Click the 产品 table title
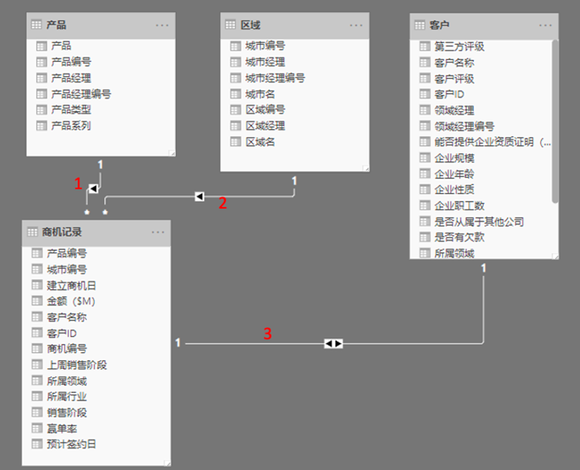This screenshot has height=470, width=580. click(x=56, y=25)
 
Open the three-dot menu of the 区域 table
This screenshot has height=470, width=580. click(x=356, y=25)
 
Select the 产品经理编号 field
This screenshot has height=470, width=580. click(x=80, y=94)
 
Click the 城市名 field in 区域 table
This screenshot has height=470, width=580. click(x=260, y=94)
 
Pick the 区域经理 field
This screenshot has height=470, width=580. click(x=265, y=126)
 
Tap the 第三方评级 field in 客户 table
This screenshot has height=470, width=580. click(x=459, y=47)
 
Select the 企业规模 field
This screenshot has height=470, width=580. click(x=454, y=158)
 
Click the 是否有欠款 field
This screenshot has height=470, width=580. click(x=459, y=237)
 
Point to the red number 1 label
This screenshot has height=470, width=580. click(x=78, y=183)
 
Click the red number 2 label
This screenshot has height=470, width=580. click(x=223, y=203)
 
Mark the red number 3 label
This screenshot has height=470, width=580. click(x=267, y=333)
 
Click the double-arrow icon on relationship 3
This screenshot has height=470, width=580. click(x=334, y=343)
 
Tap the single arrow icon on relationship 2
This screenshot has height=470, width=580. click(x=199, y=196)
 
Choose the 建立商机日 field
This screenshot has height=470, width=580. click(x=71, y=285)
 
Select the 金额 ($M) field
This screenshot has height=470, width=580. click(x=71, y=301)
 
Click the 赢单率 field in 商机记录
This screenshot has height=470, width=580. click(x=62, y=428)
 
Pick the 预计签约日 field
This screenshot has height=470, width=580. click(x=71, y=444)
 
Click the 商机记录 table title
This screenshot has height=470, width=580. click(x=62, y=232)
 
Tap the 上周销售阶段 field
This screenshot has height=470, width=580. click(x=76, y=365)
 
